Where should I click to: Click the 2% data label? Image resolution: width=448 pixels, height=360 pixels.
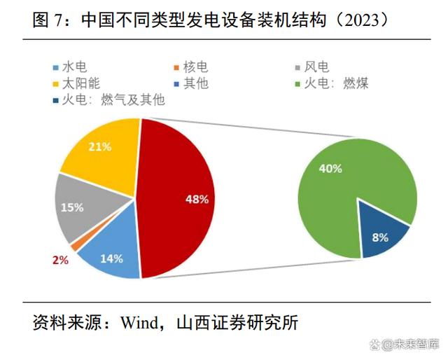[59, 260]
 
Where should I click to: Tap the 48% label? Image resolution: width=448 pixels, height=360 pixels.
[197, 199]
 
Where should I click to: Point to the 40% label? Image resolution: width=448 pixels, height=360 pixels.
[330, 169]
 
